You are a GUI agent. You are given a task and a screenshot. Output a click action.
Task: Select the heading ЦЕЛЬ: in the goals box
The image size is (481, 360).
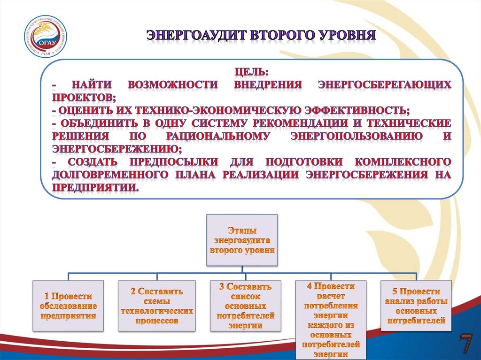click(x=252, y=73)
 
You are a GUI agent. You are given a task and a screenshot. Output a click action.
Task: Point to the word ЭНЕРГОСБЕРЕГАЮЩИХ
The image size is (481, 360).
click(x=385, y=85)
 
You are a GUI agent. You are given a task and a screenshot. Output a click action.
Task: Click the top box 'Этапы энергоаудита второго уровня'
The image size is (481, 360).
click(x=242, y=239)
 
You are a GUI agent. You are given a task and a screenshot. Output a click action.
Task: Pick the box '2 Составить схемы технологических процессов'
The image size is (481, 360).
click(x=157, y=306)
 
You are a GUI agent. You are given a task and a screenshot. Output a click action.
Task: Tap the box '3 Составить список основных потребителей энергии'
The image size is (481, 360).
click(x=245, y=306)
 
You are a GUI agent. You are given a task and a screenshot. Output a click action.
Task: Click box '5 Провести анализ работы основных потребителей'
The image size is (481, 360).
click(x=416, y=306)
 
